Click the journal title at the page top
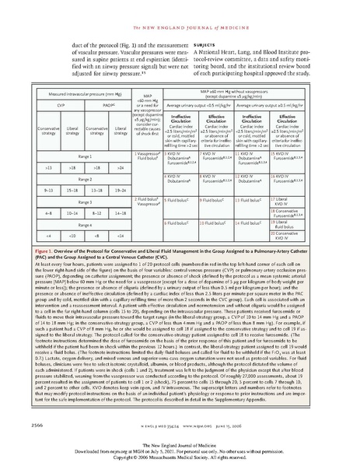point(180,7)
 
